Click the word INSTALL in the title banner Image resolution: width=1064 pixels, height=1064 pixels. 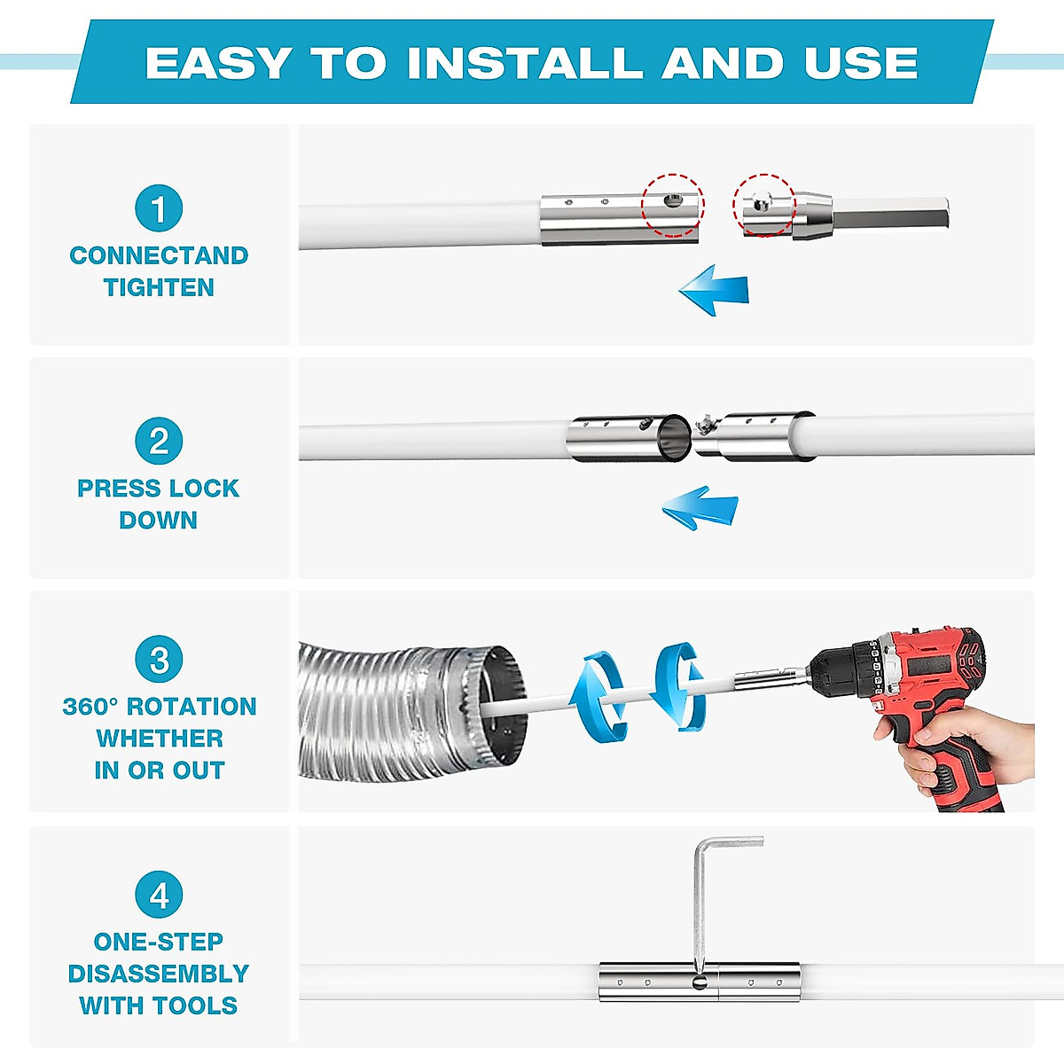(x=524, y=63)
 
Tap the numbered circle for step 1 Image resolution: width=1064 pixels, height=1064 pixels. (x=159, y=209)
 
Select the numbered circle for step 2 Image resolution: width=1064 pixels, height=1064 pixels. (x=159, y=442)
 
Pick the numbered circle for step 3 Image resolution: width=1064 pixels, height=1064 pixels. (x=159, y=661)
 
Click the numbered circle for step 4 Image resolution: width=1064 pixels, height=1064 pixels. (x=159, y=896)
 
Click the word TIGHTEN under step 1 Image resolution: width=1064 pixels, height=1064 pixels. (x=159, y=287)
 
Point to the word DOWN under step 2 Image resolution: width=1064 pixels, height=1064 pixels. (x=159, y=520)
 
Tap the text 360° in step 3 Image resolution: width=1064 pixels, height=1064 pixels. (x=90, y=707)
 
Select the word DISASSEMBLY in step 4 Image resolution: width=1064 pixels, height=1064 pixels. (x=159, y=974)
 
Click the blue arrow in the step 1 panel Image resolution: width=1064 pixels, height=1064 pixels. (x=716, y=289)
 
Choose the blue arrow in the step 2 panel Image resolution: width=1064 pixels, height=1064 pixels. (x=700, y=508)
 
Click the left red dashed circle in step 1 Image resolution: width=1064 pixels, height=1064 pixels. (x=673, y=205)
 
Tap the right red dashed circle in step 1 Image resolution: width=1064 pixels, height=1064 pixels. (x=763, y=205)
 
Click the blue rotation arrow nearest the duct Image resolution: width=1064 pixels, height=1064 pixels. (x=597, y=696)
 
